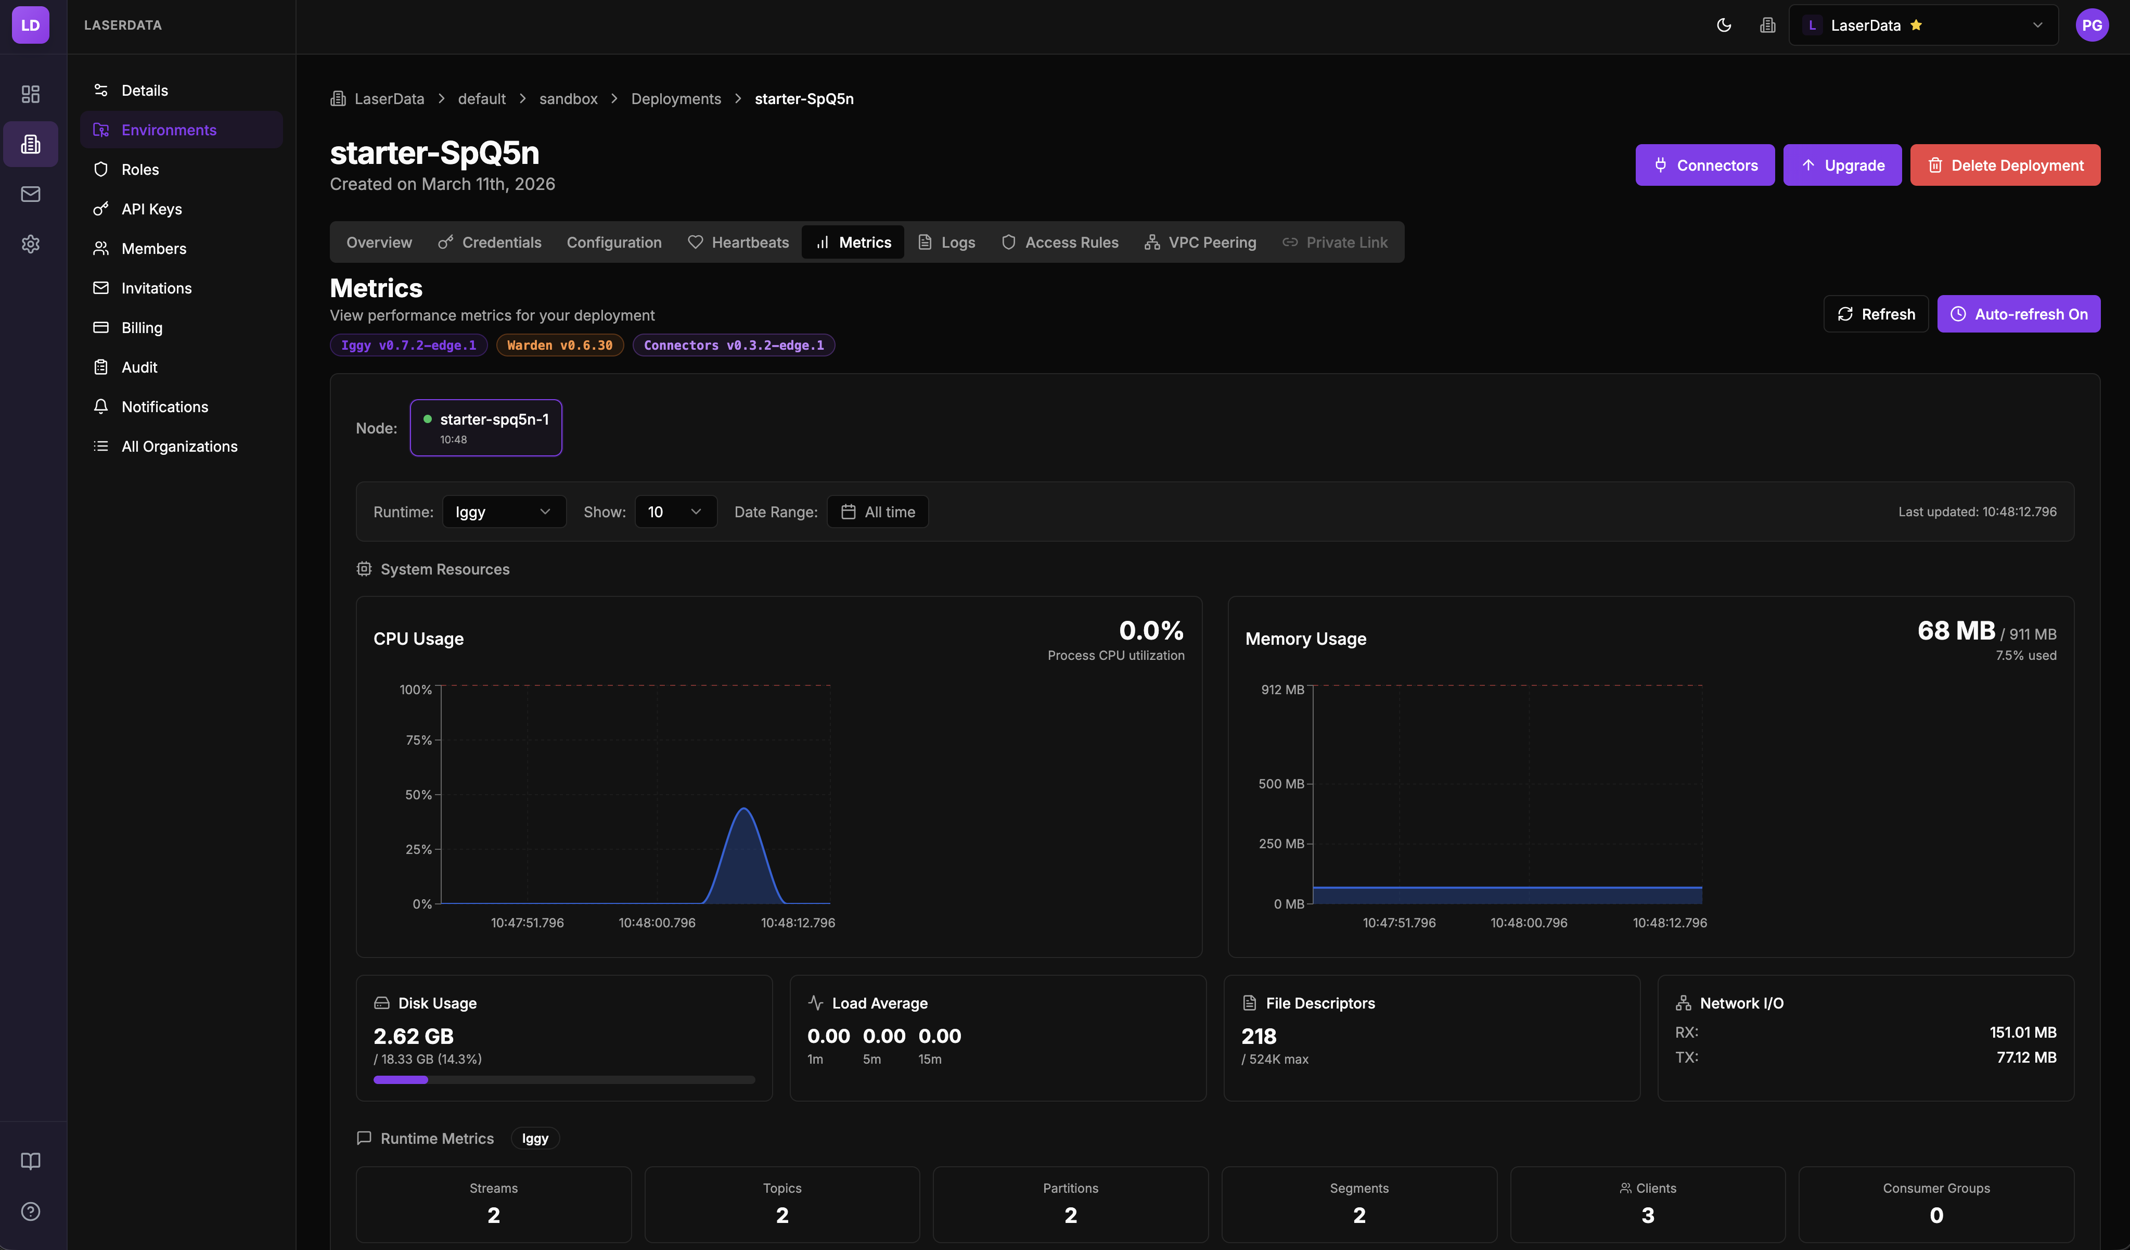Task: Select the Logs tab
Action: tap(947, 243)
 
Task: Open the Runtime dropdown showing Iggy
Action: tap(504, 512)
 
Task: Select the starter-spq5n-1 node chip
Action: tap(486, 428)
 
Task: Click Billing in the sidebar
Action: tap(141, 328)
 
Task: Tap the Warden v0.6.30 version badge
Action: tap(559, 346)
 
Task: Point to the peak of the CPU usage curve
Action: tap(744, 810)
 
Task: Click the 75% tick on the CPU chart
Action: tap(419, 741)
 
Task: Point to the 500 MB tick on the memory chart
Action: tap(1281, 784)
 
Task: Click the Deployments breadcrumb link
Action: tap(675, 99)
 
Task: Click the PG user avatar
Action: tap(2091, 25)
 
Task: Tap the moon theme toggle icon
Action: tap(1724, 25)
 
